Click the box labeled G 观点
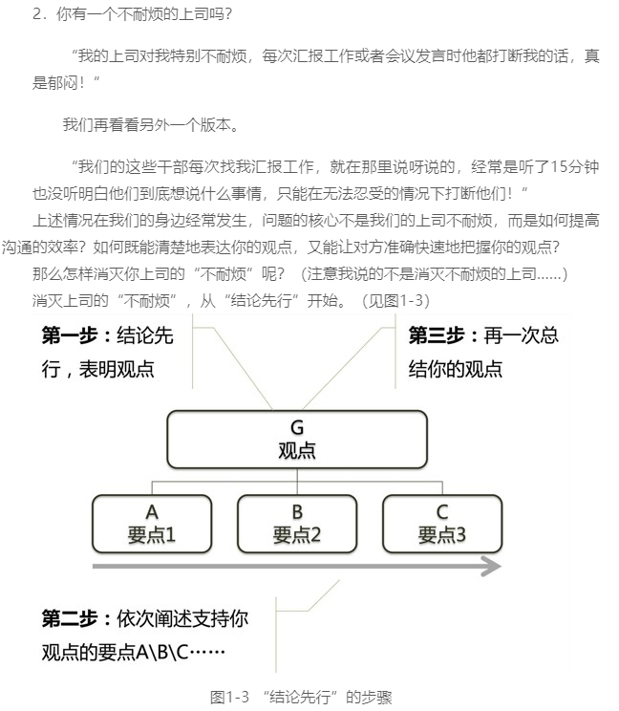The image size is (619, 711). (297, 439)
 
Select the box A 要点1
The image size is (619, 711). (152, 524)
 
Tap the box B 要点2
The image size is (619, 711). (297, 524)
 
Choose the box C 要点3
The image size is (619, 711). (442, 524)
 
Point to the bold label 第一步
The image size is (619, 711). (70, 335)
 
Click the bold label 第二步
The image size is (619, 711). (70, 618)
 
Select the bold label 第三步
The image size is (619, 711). (437, 335)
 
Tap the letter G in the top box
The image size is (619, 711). (297, 427)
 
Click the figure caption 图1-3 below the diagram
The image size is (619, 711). (230, 697)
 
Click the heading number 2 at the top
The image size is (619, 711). (37, 14)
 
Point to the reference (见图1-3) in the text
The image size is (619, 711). (395, 301)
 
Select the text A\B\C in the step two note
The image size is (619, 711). (161, 652)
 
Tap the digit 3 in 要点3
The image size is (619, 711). (460, 535)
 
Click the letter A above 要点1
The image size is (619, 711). (152, 512)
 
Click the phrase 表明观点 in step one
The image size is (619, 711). (117, 369)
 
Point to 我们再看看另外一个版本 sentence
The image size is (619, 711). (146, 124)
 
